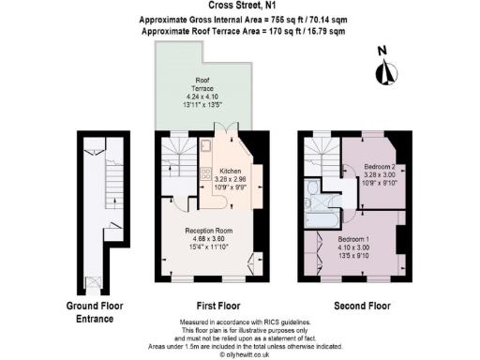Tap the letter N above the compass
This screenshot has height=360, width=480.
point(382,51)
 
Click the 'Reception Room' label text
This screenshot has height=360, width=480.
point(207,231)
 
